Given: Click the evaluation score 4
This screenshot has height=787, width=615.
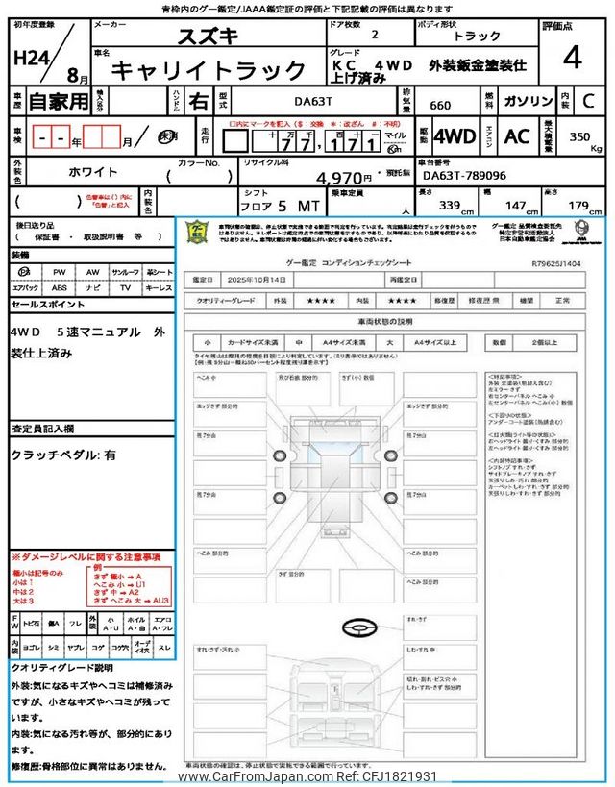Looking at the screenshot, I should [573, 59].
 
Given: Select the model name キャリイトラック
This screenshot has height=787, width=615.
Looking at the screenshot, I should [209, 70].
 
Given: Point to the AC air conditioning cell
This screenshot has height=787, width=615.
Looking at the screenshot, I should [517, 136].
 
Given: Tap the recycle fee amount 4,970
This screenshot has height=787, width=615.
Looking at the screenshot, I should [342, 177].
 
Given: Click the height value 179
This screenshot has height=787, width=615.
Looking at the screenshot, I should [578, 206].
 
